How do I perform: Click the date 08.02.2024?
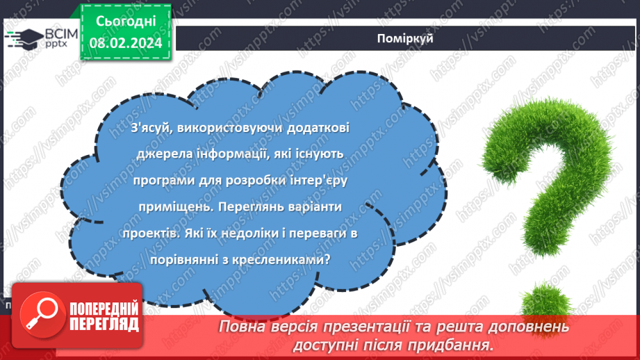click(125, 43)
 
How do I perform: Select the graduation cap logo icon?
click(22, 37)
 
